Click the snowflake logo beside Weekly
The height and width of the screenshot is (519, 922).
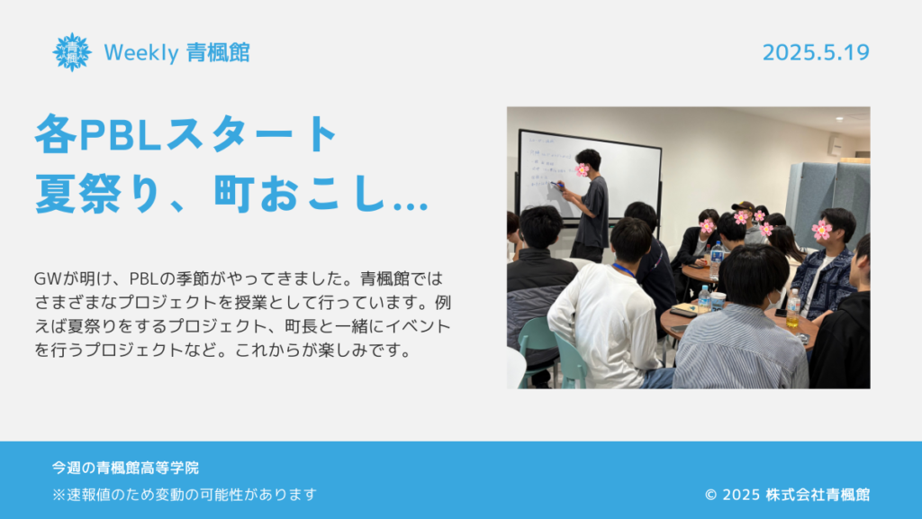click(72, 52)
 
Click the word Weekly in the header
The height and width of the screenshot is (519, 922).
click(141, 53)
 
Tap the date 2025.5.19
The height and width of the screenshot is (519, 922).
click(816, 52)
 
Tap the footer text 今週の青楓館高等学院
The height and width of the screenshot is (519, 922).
click(125, 468)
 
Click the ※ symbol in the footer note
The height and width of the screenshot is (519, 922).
click(59, 495)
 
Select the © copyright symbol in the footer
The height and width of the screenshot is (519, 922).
click(711, 495)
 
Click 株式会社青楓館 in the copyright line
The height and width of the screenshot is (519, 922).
click(818, 495)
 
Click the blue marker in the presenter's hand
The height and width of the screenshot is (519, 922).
click(556, 186)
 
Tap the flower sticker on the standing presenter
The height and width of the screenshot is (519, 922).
click(583, 170)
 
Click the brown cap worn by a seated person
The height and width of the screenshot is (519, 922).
click(744, 206)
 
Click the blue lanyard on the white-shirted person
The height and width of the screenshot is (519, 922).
click(625, 270)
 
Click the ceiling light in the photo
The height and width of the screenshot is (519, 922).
click(840, 119)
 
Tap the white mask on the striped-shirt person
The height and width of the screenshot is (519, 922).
click(773, 301)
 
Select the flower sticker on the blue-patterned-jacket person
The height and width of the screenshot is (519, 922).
click(821, 230)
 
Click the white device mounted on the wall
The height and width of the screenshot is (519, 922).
click(834, 145)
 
